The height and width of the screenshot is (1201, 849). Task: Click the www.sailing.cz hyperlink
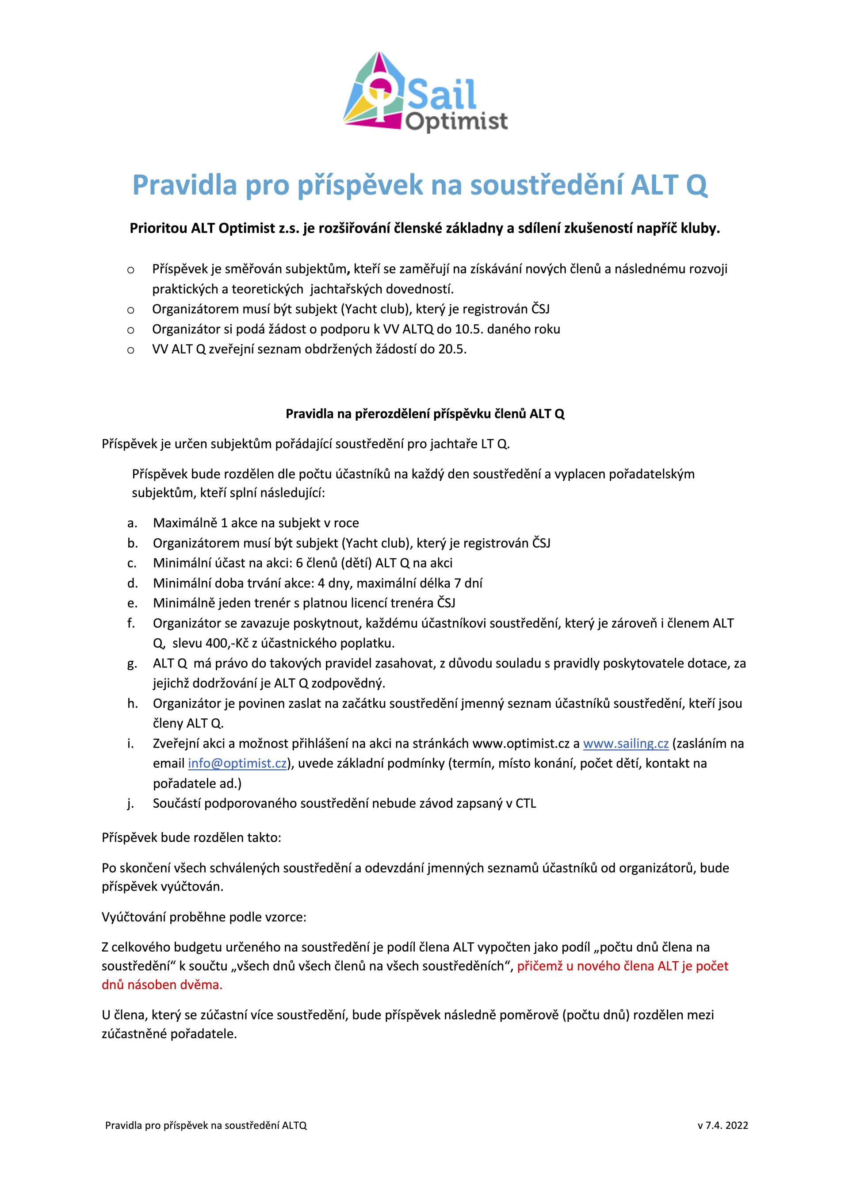tap(626, 743)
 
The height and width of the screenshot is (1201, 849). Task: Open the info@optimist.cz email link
tap(237, 763)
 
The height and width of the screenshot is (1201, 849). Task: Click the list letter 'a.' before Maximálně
tap(132, 522)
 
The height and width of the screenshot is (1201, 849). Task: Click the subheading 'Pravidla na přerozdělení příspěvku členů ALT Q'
tap(424, 414)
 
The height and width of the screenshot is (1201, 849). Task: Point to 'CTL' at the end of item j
tap(525, 803)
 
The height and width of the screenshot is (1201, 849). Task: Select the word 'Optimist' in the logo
tap(456, 121)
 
